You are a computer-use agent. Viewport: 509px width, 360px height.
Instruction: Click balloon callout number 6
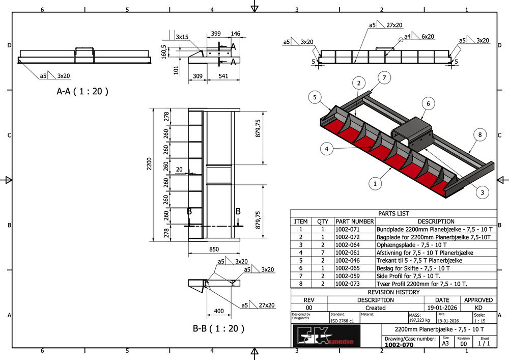tap(428, 103)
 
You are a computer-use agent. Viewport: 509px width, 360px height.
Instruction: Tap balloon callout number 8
tap(479, 135)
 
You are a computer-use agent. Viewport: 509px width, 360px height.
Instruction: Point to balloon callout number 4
tap(327, 149)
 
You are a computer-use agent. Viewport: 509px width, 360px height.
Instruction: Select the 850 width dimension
tap(214, 250)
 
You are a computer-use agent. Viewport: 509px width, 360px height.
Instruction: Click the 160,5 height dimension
tap(163, 51)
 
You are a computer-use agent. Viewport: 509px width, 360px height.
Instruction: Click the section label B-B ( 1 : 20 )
tap(218, 328)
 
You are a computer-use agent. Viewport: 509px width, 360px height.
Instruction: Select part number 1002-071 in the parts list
tap(348, 229)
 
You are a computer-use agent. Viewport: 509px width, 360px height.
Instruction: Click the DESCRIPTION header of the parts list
tap(436, 221)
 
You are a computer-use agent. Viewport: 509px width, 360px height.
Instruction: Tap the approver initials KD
tap(478, 308)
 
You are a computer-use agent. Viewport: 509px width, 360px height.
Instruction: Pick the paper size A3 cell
tap(445, 344)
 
